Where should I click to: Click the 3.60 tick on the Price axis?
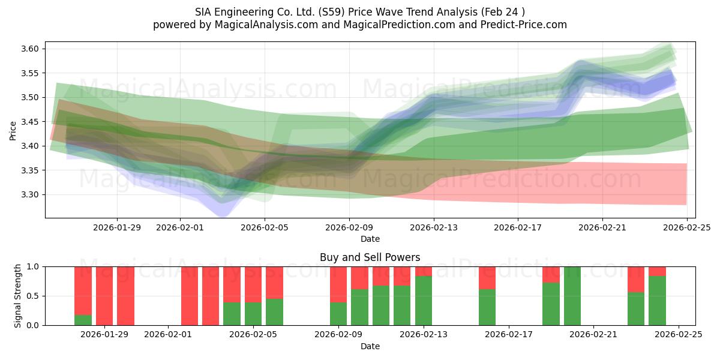[x=31, y=49]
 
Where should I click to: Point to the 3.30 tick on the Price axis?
[x=31, y=194]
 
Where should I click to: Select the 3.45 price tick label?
[x=31, y=122]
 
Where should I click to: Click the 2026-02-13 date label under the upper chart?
[x=434, y=227]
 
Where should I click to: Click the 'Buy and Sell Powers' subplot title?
[x=370, y=257]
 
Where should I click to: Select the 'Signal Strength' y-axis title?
[x=18, y=296]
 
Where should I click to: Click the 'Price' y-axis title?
[x=13, y=130]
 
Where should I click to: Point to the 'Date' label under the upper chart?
[x=370, y=239]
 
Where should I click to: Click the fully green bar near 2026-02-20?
[x=572, y=296]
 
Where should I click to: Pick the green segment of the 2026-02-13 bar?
[x=424, y=301]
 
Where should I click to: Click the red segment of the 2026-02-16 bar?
[x=487, y=278]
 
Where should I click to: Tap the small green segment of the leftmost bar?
[x=83, y=320]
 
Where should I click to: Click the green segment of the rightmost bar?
[x=657, y=301]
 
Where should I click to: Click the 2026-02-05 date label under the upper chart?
[x=265, y=227]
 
